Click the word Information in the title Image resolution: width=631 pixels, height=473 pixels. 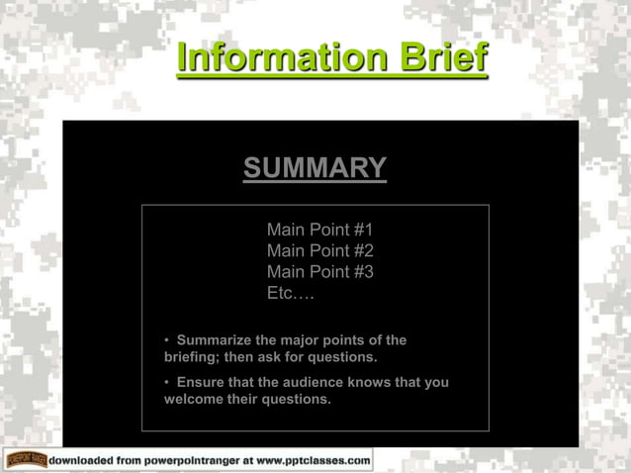click(282, 58)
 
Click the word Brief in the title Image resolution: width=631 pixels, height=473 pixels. click(442, 58)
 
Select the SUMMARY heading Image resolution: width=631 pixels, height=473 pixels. click(315, 168)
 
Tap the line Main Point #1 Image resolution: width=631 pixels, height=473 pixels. click(319, 230)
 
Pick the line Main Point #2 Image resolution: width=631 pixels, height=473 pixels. click(319, 251)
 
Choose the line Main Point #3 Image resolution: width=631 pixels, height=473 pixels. click(319, 272)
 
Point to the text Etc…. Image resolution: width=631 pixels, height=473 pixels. click(290, 294)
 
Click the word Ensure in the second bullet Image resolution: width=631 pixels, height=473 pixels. click(201, 382)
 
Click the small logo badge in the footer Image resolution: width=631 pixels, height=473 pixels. click(24, 460)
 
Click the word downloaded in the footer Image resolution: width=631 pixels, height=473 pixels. click(83, 460)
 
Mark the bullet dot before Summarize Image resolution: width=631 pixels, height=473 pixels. click(167, 340)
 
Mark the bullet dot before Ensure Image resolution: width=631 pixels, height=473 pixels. click(167, 382)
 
